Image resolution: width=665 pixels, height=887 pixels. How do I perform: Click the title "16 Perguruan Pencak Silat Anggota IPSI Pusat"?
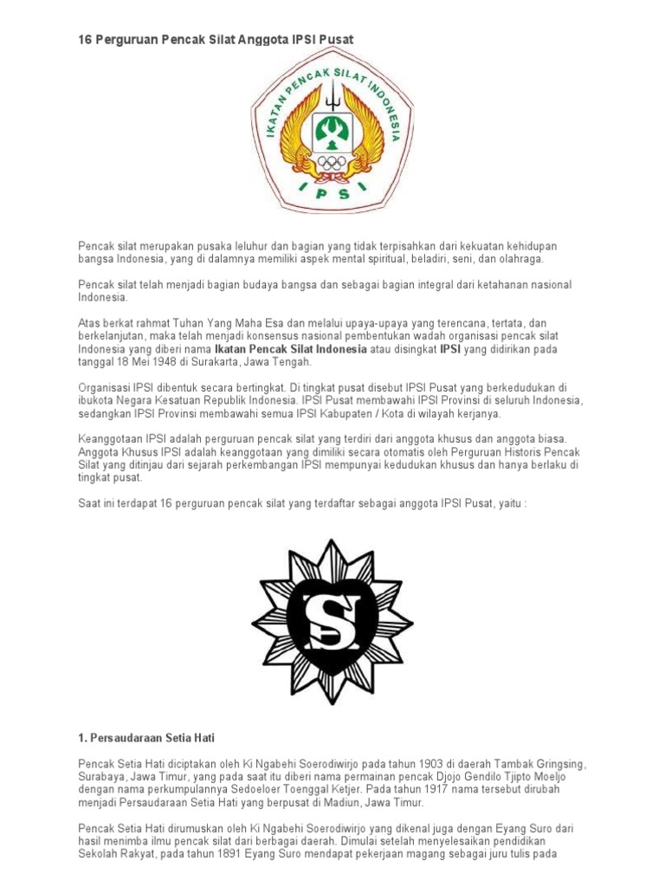tap(216, 41)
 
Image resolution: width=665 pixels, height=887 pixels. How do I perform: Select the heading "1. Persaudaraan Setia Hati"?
tap(146, 737)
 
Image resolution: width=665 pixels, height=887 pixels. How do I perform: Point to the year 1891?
tap(236, 854)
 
